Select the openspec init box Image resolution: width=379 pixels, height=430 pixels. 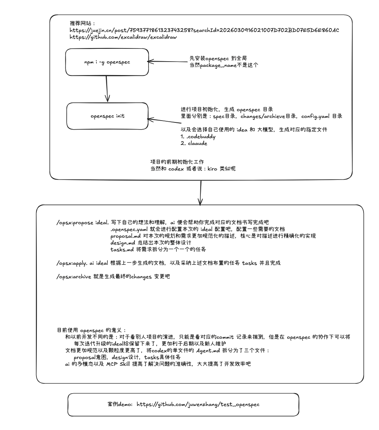(x=108, y=116)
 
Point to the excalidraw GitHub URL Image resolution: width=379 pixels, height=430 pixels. (x=124, y=38)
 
